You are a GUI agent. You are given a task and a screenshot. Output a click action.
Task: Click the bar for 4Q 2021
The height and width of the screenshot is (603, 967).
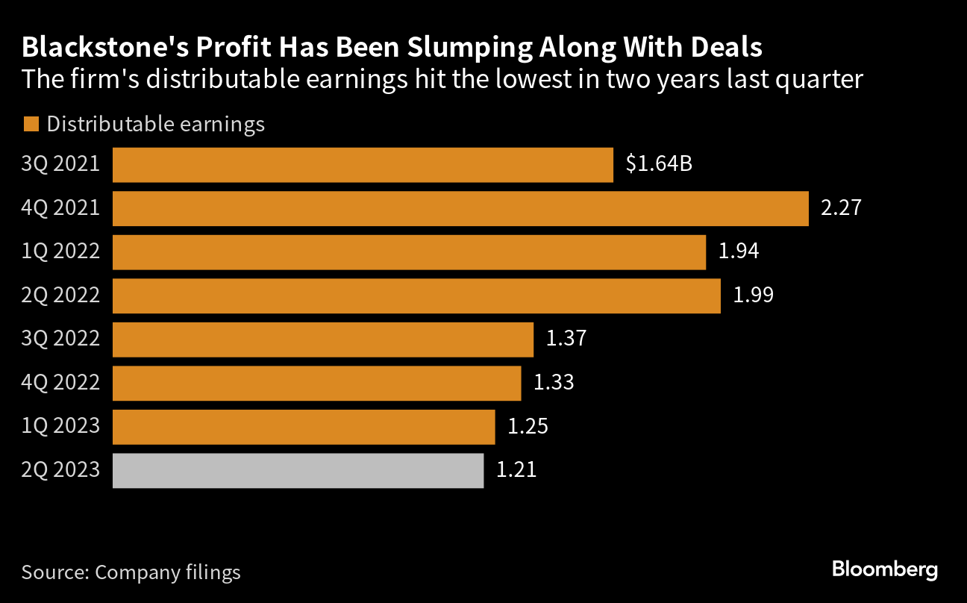[x=460, y=209]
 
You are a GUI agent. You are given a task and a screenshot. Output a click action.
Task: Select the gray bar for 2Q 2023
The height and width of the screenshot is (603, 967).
[x=298, y=471]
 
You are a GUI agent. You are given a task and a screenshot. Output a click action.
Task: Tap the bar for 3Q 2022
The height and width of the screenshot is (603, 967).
[x=322, y=340]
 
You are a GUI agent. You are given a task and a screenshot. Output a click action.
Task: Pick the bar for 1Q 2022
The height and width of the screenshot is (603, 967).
[x=409, y=252]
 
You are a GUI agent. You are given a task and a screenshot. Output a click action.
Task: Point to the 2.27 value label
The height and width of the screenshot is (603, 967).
[x=841, y=208]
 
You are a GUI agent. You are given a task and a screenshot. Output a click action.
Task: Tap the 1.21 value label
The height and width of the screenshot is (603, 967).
[x=516, y=470]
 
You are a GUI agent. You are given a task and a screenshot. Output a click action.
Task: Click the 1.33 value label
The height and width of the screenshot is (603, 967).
[x=554, y=383]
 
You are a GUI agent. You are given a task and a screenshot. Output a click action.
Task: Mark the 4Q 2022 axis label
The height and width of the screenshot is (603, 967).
[x=60, y=383]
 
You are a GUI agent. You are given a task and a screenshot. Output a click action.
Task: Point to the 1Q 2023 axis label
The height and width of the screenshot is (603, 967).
[x=60, y=426]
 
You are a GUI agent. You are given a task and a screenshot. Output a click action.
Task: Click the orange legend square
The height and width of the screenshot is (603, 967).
[x=31, y=125]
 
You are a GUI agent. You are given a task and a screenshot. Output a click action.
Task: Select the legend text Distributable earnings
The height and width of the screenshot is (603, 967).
[x=156, y=124]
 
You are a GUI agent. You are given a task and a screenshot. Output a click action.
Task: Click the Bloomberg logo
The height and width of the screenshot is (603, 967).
[x=884, y=570]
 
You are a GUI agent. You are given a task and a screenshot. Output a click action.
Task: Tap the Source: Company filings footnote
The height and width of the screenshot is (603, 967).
[x=131, y=572]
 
